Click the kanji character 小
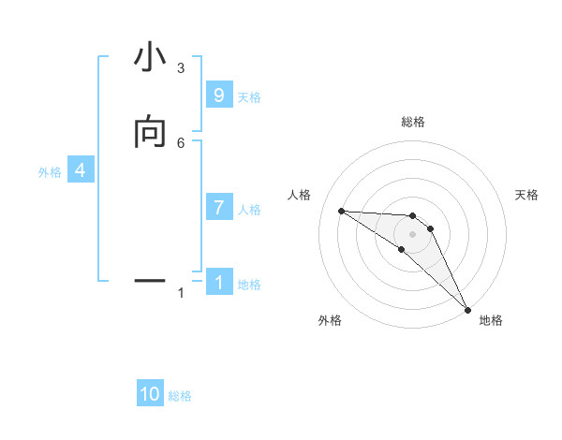pyautogui.click(x=150, y=59)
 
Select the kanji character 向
pyautogui.click(x=150, y=134)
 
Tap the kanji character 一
pyautogui.click(x=150, y=279)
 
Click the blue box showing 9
pyautogui.click(x=219, y=95)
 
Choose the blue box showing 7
pyautogui.click(x=219, y=208)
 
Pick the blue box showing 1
pyautogui.click(x=219, y=282)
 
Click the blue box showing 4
pyautogui.click(x=81, y=170)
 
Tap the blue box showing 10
pyautogui.click(x=150, y=394)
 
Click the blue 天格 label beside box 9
pyautogui.click(x=249, y=97)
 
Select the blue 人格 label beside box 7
pyautogui.click(x=249, y=210)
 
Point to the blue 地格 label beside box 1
pyautogui.click(x=249, y=285)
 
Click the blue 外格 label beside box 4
pyautogui.click(x=50, y=172)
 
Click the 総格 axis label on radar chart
pyautogui.click(x=413, y=122)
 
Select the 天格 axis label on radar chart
pyautogui.click(x=527, y=195)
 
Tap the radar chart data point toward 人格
pyautogui.click(x=342, y=211)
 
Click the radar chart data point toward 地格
pyautogui.click(x=467, y=308)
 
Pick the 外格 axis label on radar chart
pyautogui.click(x=330, y=320)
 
